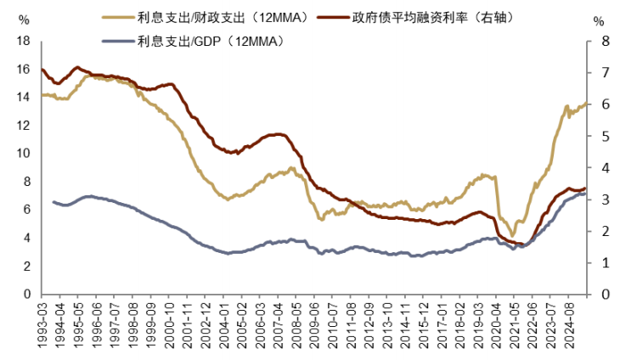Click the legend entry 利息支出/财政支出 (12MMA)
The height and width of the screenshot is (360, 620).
[x=208, y=16]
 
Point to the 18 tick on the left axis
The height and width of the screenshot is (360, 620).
[x=23, y=41]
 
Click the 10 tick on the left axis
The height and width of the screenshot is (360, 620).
[x=23, y=154]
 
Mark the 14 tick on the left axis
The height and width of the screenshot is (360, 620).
[x=23, y=97]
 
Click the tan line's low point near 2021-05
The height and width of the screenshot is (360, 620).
[x=512, y=235]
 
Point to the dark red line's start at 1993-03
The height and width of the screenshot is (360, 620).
[x=42, y=70]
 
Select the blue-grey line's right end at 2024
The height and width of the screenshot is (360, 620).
[x=585, y=194]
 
